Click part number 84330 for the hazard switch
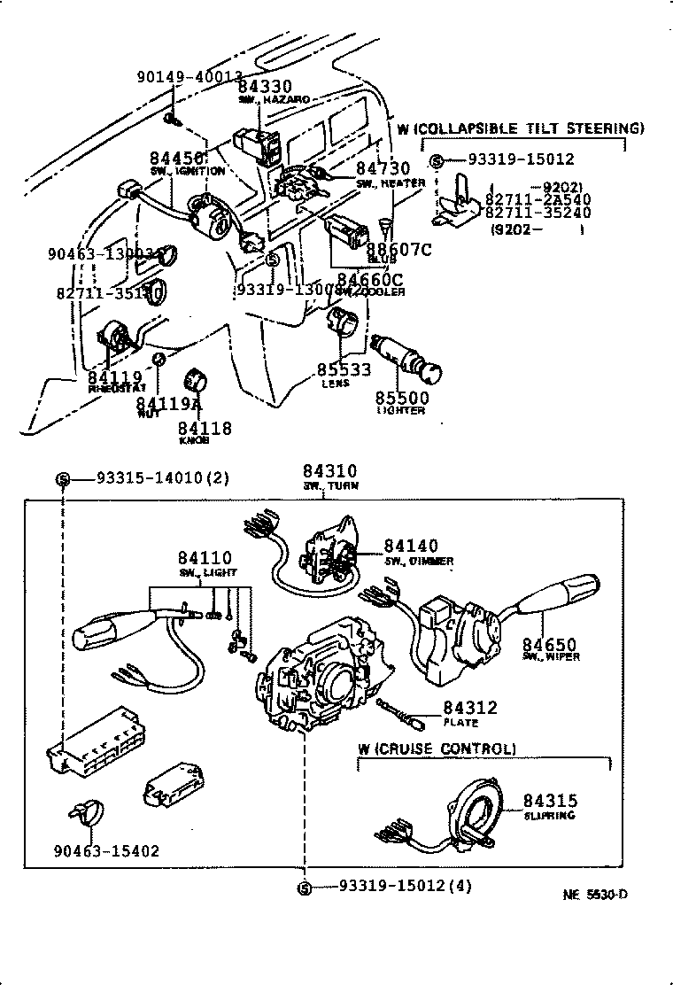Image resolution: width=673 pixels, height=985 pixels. pyautogui.click(x=266, y=86)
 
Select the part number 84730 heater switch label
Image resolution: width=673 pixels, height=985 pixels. pyautogui.click(x=383, y=168)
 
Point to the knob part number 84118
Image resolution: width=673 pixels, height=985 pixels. pyautogui.click(x=204, y=428)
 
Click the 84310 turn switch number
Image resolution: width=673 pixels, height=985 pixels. pyautogui.click(x=329, y=471)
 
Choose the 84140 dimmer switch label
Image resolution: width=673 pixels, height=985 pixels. pyautogui.click(x=410, y=547)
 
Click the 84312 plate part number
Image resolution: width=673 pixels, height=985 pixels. pyautogui.click(x=470, y=708)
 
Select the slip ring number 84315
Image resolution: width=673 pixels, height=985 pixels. pyautogui.click(x=549, y=800)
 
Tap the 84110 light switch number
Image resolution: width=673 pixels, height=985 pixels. pyautogui.click(x=204, y=558)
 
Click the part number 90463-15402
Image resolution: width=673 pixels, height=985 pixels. pyautogui.click(x=105, y=851)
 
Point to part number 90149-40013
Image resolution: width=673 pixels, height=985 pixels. pyautogui.click(x=190, y=77)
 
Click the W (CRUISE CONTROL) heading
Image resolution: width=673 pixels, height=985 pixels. pyautogui.click(x=437, y=748)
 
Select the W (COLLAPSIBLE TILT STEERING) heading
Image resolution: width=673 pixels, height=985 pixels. pyautogui.click(x=520, y=128)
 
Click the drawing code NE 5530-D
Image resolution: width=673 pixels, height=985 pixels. pyautogui.click(x=595, y=895)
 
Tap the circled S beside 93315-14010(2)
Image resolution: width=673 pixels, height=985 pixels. pyautogui.click(x=63, y=478)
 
